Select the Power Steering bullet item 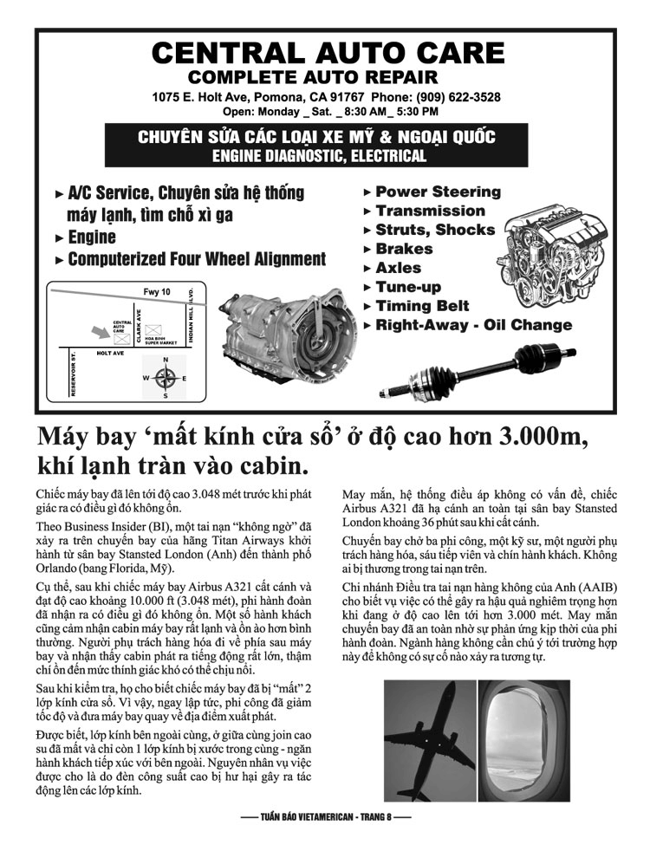(x=437, y=192)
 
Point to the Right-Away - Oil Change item (x=472, y=325)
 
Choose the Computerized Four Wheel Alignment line (x=196, y=259)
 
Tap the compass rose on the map (x=165, y=377)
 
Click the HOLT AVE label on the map (x=110, y=354)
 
